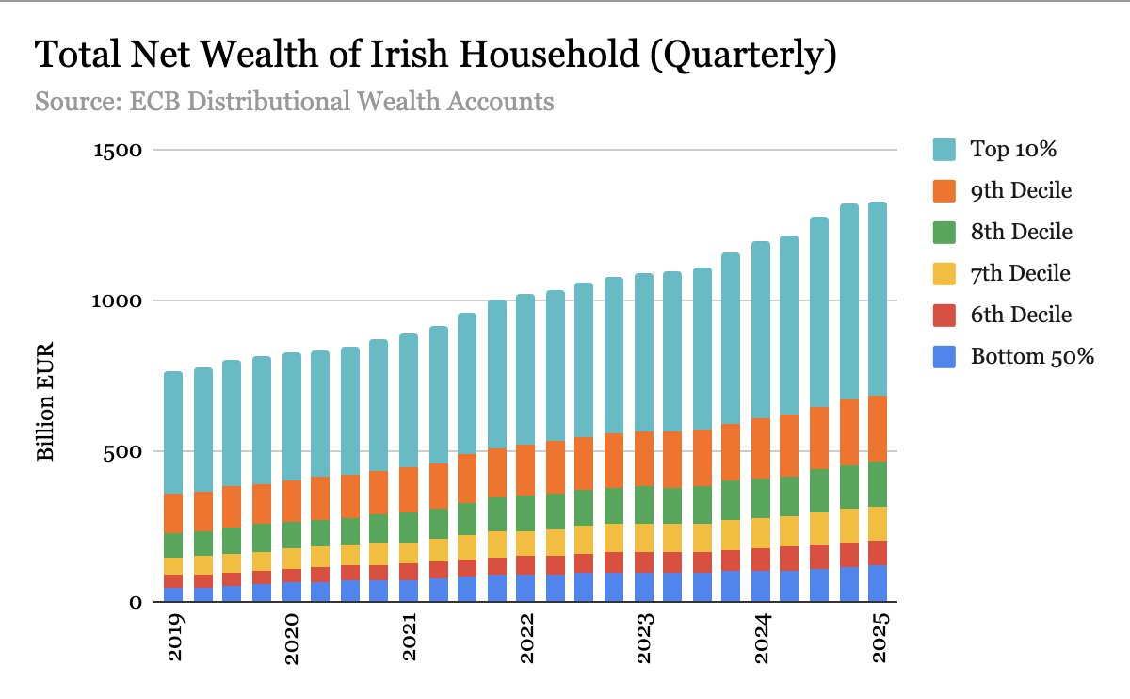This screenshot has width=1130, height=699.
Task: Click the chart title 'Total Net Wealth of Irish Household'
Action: pos(435,56)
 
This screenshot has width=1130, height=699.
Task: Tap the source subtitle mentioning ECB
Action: pos(294,101)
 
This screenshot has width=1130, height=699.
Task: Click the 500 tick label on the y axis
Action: pos(121,452)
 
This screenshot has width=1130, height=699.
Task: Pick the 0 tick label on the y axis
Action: pos(135,602)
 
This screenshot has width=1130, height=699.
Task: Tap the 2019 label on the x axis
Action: pos(175,642)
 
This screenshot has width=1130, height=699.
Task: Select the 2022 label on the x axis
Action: pos(527,642)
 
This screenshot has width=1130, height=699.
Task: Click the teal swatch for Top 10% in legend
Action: pos(944,149)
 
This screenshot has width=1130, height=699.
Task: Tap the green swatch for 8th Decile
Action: pos(944,232)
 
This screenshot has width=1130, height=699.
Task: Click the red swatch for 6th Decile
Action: pos(944,315)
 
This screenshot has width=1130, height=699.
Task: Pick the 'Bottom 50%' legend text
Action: pos(1030,356)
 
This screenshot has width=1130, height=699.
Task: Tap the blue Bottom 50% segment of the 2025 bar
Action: pos(878,583)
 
